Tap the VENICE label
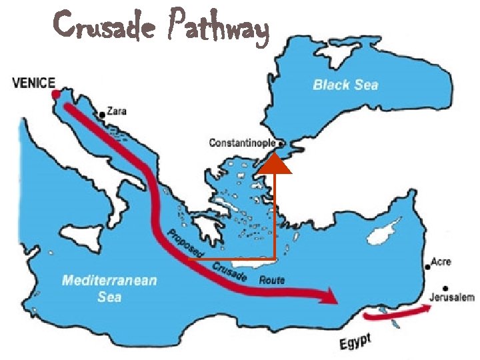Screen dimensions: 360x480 pos(34,83)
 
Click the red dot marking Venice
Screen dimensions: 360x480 pos(55,95)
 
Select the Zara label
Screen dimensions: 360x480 pos(117,112)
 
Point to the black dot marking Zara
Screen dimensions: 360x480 pos(102,115)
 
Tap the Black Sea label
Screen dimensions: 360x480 pos(345,85)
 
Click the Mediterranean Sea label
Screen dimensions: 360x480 pos(109,287)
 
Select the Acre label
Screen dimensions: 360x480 pos(441,262)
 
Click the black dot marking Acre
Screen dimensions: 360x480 pos(427,267)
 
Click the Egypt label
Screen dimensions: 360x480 pos(355,343)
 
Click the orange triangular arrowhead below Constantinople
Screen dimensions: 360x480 pos(275,163)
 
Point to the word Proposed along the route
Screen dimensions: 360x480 pos(185,243)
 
